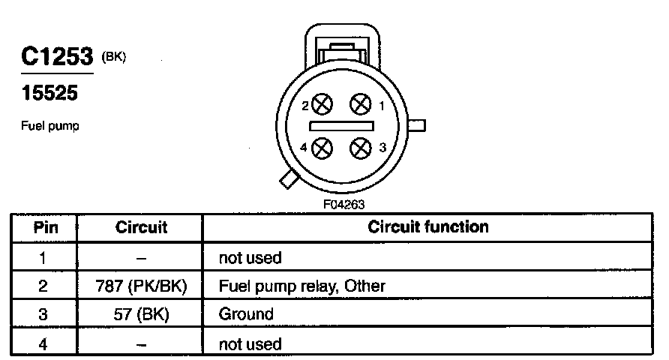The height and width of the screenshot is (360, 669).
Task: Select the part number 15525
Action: (x=49, y=94)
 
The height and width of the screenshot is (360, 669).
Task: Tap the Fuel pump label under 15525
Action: (x=49, y=126)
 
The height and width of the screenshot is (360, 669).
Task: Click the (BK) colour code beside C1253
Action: (x=112, y=55)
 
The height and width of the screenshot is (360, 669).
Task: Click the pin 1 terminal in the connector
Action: (x=362, y=103)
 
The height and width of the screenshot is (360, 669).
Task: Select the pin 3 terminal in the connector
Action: (x=362, y=147)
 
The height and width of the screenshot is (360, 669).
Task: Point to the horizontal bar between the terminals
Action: (x=342, y=126)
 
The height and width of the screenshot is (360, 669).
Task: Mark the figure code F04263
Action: (x=342, y=203)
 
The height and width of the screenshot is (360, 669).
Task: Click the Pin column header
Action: (x=43, y=226)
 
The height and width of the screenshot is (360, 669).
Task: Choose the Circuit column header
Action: (x=141, y=226)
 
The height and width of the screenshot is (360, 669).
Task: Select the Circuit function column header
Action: (x=427, y=226)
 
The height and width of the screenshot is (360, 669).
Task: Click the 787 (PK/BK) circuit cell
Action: (x=141, y=286)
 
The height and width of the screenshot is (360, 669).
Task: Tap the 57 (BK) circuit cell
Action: (x=141, y=314)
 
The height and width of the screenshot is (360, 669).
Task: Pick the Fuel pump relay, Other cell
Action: (x=301, y=286)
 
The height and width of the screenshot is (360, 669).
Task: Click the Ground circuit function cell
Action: (x=245, y=314)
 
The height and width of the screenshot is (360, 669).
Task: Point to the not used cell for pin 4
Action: (x=250, y=344)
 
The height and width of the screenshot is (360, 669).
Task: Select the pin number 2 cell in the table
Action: (x=43, y=286)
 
